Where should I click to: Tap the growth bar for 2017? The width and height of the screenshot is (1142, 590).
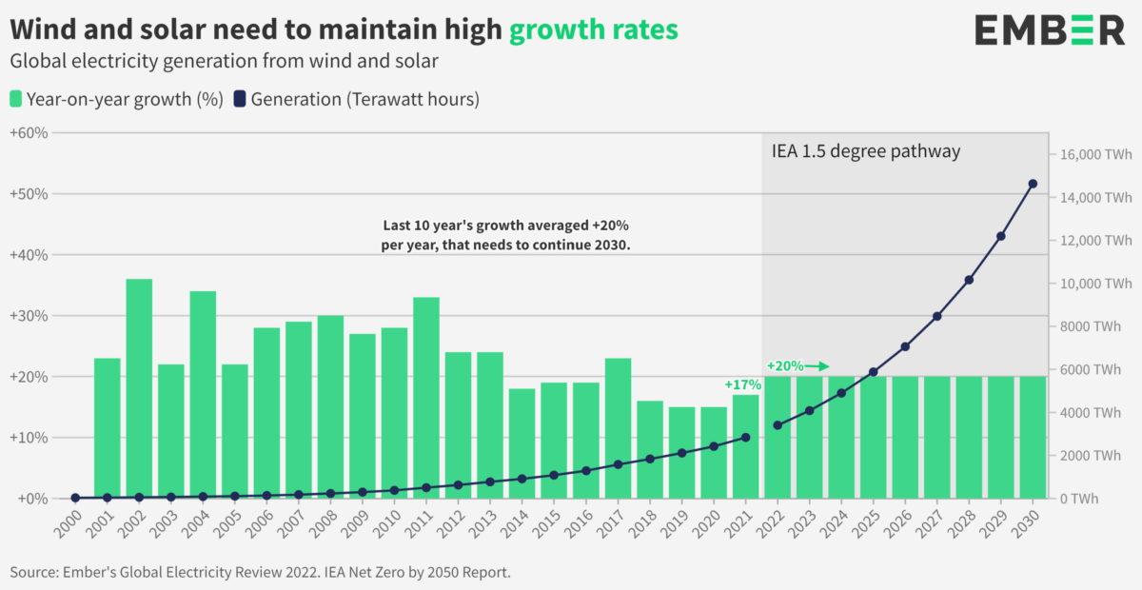coord(619,428)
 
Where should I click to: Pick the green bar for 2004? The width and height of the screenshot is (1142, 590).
coord(203,395)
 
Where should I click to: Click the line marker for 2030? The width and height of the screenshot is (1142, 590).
coord(1033,184)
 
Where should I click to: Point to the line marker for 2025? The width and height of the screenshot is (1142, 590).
coord(873,372)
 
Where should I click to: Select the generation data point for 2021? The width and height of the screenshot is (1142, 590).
coord(745,438)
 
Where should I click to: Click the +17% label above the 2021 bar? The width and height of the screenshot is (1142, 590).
coord(742,385)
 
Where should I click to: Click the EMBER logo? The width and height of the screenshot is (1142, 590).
coord(1050,30)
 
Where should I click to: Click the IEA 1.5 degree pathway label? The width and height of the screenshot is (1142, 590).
coord(865,151)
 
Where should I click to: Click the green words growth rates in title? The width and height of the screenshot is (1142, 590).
coord(593,29)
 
